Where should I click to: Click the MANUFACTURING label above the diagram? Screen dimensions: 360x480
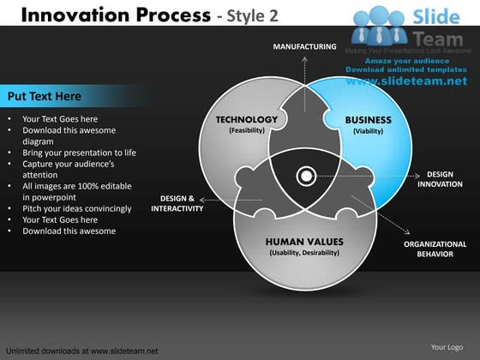304,46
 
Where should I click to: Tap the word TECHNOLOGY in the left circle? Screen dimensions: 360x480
246,120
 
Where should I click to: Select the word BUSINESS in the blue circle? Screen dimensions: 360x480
368,120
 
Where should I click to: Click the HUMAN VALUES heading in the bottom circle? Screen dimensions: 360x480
304,242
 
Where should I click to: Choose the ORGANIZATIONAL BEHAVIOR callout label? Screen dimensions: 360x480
435,249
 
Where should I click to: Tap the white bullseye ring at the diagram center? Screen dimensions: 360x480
305,177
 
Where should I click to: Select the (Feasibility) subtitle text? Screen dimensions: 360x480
247,131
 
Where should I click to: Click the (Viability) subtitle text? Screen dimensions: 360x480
368,132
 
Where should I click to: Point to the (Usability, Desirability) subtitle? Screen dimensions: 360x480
304,253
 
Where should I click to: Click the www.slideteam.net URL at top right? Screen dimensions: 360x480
407,81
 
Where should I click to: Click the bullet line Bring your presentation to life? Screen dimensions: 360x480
79,153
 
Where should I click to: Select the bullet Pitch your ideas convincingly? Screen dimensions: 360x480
76,208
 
